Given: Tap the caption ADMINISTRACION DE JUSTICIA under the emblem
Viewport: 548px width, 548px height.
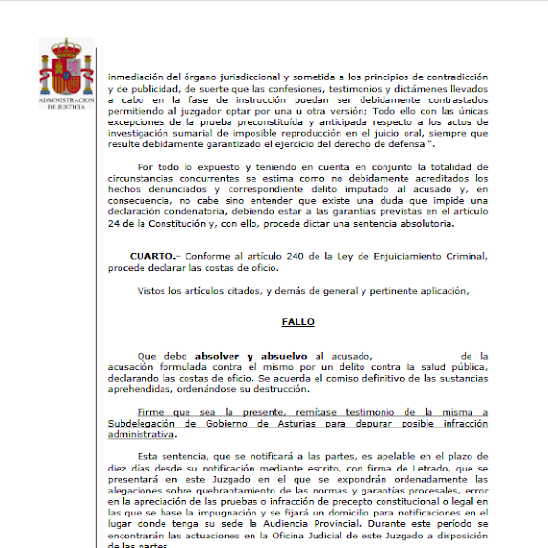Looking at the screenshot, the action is click(66, 103).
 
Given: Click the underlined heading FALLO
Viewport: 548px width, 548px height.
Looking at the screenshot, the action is click(297, 323).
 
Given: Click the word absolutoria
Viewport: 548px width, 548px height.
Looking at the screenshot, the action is click(446, 224).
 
